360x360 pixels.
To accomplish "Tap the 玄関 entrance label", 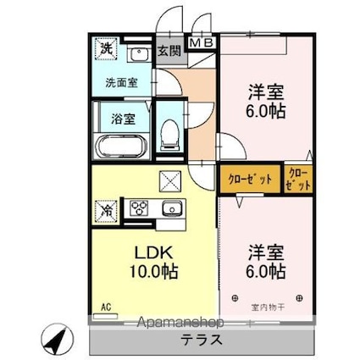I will (x=168, y=51).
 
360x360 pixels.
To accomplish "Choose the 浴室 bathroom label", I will (x=124, y=119).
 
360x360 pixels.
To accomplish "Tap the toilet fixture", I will (x=168, y=134).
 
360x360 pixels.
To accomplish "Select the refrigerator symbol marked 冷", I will (x=108, y=207).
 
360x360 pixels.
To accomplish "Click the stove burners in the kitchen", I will (x=139, y=207).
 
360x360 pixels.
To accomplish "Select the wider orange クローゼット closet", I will (x=249, y=179).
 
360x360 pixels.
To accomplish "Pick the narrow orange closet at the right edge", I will (x=298, y=179).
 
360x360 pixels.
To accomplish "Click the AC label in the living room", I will (x=107, y=306).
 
